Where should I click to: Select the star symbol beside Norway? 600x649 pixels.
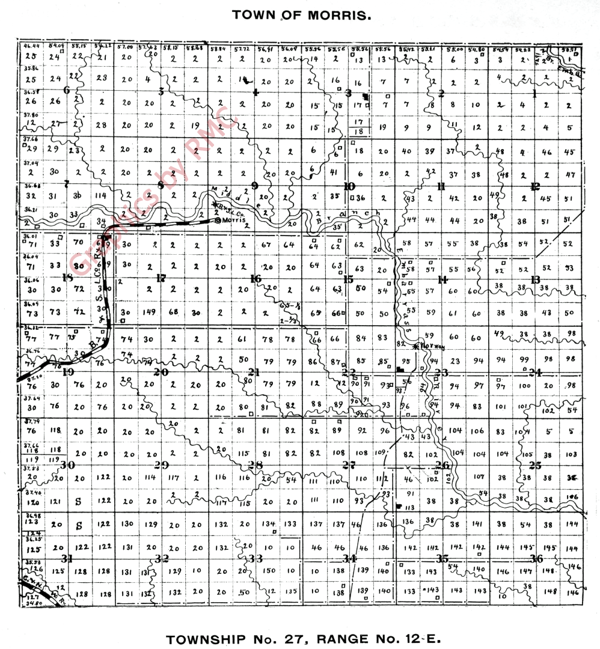pyautogui.click(x=415, y=346)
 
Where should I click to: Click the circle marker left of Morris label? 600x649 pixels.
pyautogui.click(x=218, y=221)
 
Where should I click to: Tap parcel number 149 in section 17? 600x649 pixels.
pyautogui.click(x=150, y=312)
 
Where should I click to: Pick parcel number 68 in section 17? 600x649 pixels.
pyautogui.click(x=173, y=312)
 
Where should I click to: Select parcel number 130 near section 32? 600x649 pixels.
pyautogui.click(x=127, y=523)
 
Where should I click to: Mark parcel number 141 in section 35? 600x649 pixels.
pyautogui.click(x=478, y=524)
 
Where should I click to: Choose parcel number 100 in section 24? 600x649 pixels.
pyautogui.click(x=524, y=385)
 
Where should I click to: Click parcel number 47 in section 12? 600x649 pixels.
pyautogui.click(x=570, y=175)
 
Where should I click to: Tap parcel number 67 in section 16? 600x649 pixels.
pyautogui.click(x=268, y=245)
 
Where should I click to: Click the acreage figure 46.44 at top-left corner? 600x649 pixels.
pyautogui.click(x=30, y=46)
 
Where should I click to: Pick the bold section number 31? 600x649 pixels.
pyautogui.click(x=67, y=558)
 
